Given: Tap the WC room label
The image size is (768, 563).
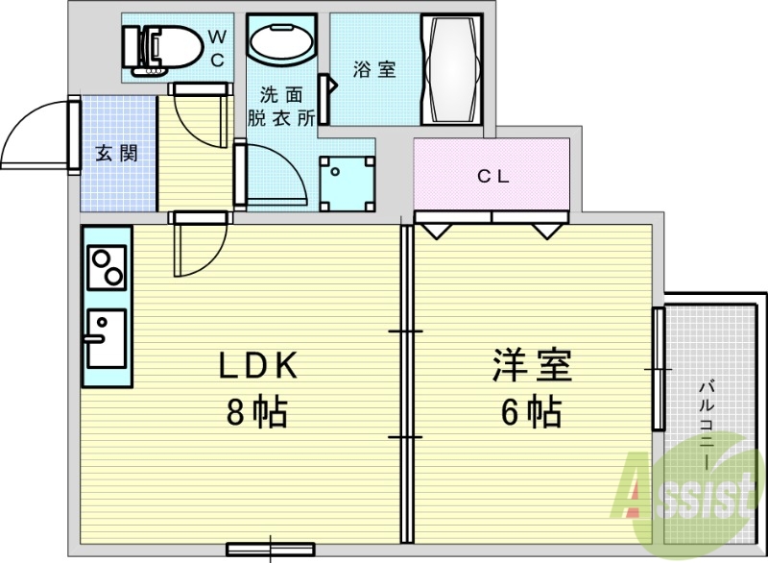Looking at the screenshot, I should click(x=216, y=48).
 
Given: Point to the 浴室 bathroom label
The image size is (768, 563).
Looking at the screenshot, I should click(x=373, y=70).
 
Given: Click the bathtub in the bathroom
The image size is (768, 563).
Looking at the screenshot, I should click(x=453, y=68).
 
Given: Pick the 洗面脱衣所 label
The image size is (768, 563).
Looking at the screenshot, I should click(x=281, y=107).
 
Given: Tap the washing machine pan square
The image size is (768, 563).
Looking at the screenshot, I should click(x=346, y=184).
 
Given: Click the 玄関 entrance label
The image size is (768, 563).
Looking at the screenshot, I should click(x=116, y=153).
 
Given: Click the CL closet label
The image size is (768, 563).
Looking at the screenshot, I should click(x=492, y=176).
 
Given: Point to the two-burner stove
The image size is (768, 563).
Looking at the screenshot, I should click(x=107, y=266).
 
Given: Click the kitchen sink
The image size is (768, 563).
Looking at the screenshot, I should click(x=105, y=337).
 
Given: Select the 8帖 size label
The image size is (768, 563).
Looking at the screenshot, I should click(x=257, y=412).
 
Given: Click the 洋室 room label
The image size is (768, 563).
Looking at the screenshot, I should click(x=532, y=366).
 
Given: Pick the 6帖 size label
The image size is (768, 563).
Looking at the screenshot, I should click(x=531, y=412).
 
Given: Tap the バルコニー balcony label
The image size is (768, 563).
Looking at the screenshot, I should click(x=708, y=423).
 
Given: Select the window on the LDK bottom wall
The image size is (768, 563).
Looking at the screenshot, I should click(x=270, y=550).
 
